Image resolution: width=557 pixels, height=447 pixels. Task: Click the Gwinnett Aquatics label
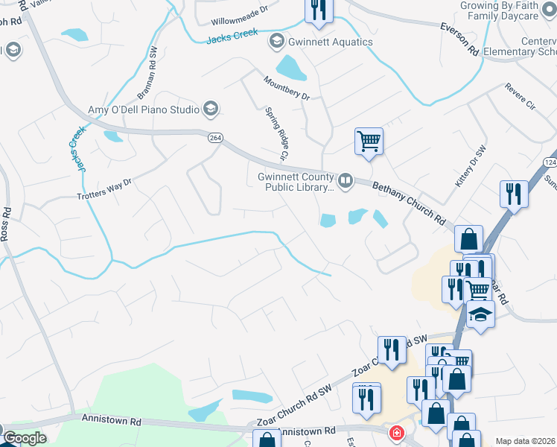click(331, 42)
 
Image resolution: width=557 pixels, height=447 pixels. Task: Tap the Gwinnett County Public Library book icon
click(346, 181)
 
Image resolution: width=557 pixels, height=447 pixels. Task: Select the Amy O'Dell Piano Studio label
click(144, 110)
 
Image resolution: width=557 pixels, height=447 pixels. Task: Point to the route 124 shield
click(550, 162)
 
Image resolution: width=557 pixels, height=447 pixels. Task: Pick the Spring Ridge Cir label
click(276, 134)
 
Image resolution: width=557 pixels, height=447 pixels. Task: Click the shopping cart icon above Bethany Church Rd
click(369, 141)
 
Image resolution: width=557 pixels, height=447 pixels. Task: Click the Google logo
click(25, 438)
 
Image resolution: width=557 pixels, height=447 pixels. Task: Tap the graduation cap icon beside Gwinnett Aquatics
click(277, 40)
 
